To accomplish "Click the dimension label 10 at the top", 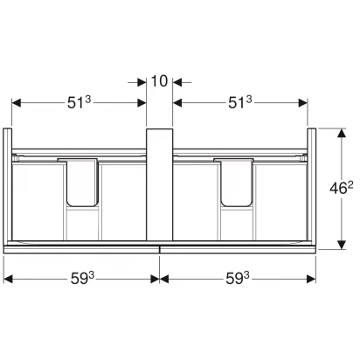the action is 159,81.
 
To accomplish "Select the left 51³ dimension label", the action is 80,102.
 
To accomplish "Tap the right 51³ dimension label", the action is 239,102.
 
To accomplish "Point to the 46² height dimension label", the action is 341,189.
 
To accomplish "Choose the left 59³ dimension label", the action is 83,279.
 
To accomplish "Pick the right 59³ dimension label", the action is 238,279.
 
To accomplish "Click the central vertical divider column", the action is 159,184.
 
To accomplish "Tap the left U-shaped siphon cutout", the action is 82,183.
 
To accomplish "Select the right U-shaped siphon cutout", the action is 237,183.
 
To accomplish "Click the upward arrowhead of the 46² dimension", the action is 342,133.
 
